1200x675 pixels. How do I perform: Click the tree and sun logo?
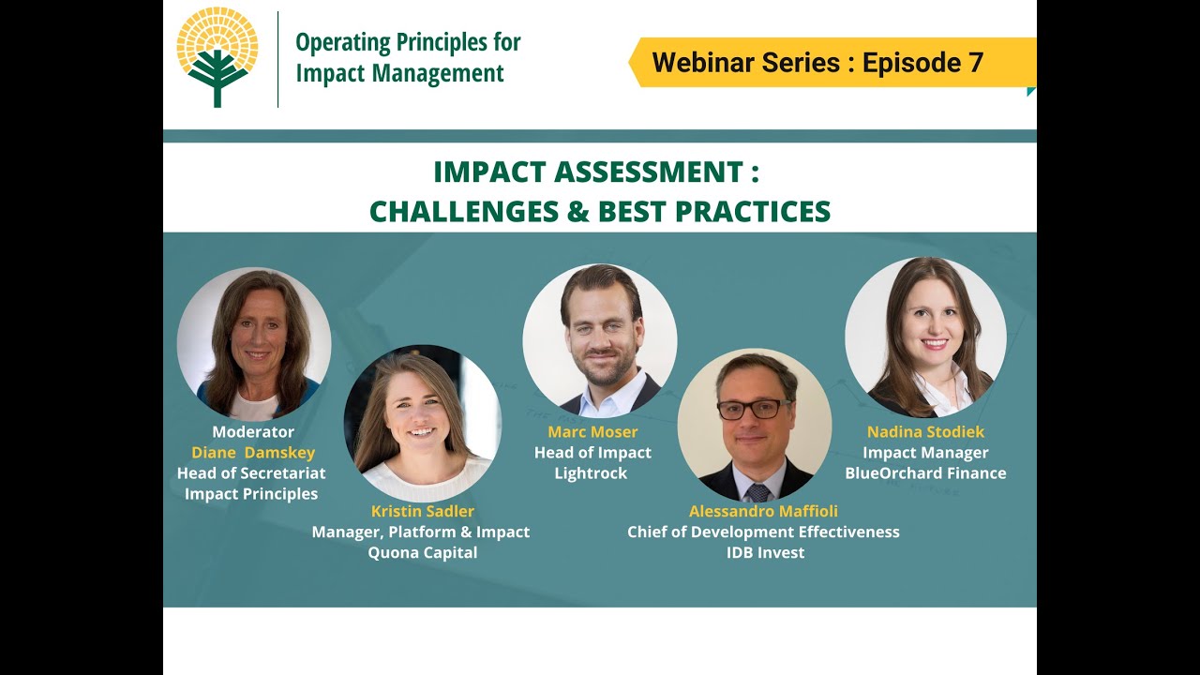tap(217, 57)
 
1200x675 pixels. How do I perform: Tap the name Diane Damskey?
tap(253, 453)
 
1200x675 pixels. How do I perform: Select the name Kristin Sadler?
tap(423, 511)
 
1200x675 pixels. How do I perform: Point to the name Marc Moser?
tap(592, 432)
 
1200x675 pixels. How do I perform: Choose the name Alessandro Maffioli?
tap(763, 511)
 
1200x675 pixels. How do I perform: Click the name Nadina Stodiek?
tap(925, 432)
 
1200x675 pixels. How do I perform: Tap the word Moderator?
tap(253, 432)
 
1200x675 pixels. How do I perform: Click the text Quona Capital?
tap(423, 552)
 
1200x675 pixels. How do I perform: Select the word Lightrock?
tap(591, 473)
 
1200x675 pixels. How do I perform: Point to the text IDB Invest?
tap(766, 552)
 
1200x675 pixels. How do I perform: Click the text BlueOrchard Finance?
tap(925, 473)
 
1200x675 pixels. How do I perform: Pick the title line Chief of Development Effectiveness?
tap(763, 532)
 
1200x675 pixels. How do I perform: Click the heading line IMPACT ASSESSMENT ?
tap(596, 172)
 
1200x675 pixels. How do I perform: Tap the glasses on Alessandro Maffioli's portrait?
tap(755, 410)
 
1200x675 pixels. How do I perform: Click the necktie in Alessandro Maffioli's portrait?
tap(758, 492)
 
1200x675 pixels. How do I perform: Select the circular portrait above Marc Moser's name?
tap(600, 340)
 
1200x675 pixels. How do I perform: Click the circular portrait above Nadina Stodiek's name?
tap(925, 337)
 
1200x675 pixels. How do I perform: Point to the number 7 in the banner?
tap(976, 63)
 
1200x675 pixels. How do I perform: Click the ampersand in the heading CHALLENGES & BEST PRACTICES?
tap(578, 212)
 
